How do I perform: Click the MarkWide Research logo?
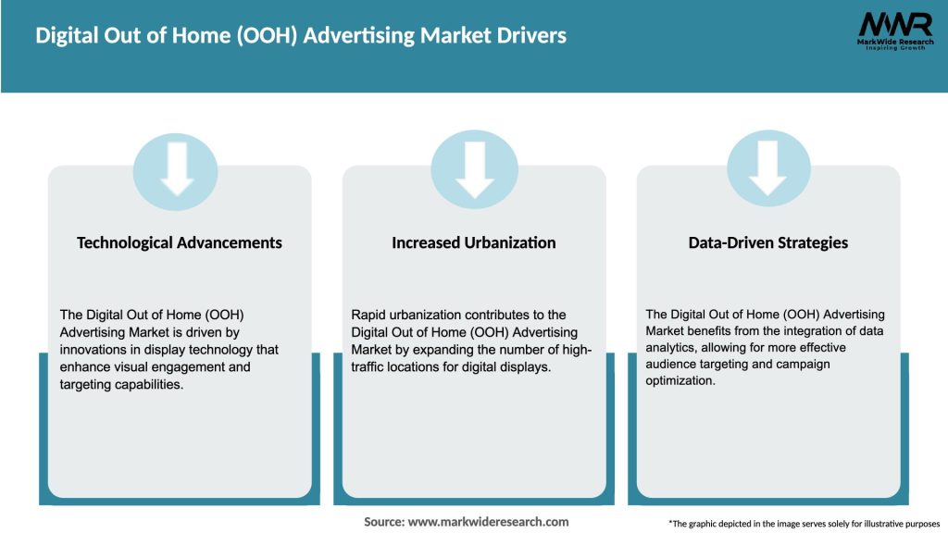tap(895, 31)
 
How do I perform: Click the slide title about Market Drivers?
tap(301, 36)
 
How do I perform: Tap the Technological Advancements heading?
tap(180, 242)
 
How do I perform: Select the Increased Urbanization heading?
tap(474, 242)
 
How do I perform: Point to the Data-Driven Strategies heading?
tap(768, 242)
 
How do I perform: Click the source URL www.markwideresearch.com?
tap(488, 522)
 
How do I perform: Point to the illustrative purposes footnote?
tap(804, 523)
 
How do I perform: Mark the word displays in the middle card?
tap(529, 367)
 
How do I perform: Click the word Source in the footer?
tap(383, 522)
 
